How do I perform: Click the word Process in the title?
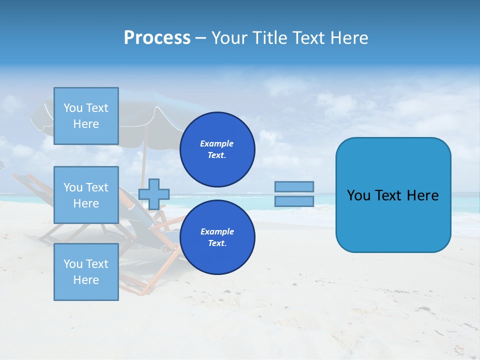pos(157,37)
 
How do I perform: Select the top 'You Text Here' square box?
pos(86,116)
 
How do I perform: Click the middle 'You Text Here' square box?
pos(86,195)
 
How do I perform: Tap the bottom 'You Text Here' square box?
pos(86,271)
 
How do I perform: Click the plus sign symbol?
pos(153,194)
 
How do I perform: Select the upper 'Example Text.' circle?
pos(217,149)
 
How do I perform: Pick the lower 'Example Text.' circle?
pos(217,237)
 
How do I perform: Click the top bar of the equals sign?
pos(294,186)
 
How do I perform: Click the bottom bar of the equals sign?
pos(294,201)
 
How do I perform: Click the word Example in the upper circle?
pos(216,143)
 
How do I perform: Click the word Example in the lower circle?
pos(216,231)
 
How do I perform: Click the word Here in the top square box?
pos(86,124)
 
